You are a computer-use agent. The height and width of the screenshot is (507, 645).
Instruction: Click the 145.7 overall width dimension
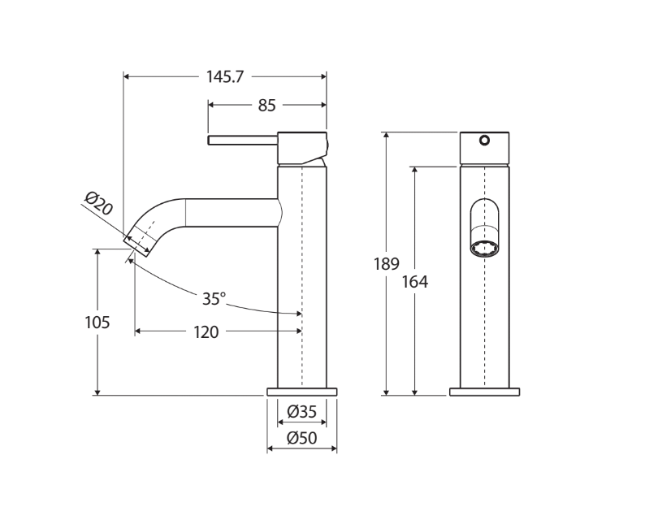tap(225, 76)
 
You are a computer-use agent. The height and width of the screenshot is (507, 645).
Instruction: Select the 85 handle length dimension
tap(267, 105)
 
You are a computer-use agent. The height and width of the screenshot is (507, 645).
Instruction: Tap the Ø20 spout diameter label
tap(98, 202)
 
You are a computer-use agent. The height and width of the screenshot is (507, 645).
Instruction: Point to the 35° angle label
tap(213, 299)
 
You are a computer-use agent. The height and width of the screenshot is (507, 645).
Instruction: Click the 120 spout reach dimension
tap(206, 331)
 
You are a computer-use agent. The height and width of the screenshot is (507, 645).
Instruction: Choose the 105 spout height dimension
tap(97, 323)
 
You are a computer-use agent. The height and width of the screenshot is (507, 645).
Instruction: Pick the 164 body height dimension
tap(415, 282)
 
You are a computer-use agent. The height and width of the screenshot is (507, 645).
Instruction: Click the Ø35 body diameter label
tap(301, 413)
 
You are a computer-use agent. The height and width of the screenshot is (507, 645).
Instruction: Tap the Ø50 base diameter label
tap(301, 439)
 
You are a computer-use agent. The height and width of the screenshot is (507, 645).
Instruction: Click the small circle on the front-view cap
tap(485, 140)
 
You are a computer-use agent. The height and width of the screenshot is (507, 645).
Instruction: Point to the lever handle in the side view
tap(243, 140)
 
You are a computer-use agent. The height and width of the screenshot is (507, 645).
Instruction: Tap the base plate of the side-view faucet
tap(301, 392)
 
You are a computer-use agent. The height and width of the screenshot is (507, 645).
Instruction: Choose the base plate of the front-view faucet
tap(484, 392)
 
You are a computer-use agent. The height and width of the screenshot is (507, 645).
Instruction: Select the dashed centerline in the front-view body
tap(485, 325)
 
